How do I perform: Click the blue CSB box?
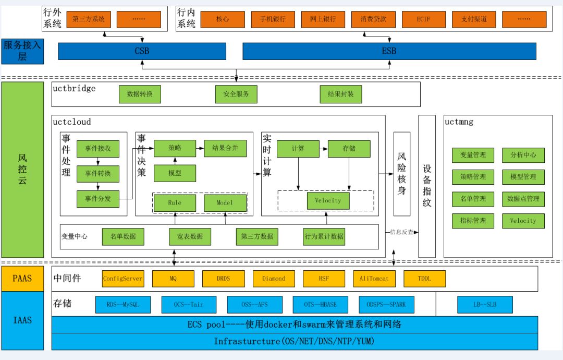(x=142, y=51)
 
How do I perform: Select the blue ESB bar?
(x=389, y=51)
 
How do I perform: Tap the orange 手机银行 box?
(x=273, y=19)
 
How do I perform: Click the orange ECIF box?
(x=423, y=19)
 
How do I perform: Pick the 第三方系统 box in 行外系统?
(x=89, y=19)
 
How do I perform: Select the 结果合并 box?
(x=225, y=148)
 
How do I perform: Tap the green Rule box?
(x=175, y=202)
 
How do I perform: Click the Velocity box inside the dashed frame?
(x=328, y=201)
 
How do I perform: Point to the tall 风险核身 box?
(x=401, y=174)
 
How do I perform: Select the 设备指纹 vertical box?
(x=427, y=186)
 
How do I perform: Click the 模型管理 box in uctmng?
(x=523, y=177)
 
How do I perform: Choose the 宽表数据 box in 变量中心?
(x=190, y=236)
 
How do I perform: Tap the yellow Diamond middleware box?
(x=274, y=279)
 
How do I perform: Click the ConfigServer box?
(x=123, y=279)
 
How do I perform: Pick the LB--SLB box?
(x=485, y=304)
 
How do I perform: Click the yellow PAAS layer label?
(x=22, y=279)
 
